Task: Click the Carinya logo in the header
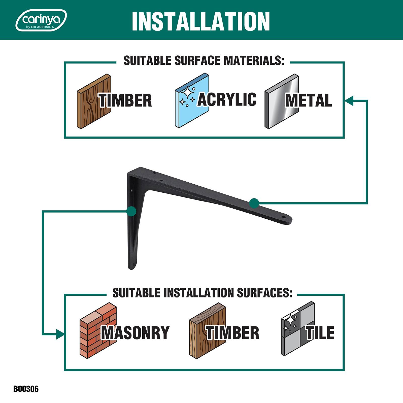click(x=41, y=20)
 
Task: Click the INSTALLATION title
click(x=201, y=21)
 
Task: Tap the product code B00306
click(x=26, y=389)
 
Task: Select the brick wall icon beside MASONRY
click(x=98, y=330)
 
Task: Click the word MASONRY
click(x=135, y=333)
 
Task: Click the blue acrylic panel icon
click(x=192, y=101)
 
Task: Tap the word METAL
click(x=309, y=100)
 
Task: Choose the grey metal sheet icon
click(x=282, y=102)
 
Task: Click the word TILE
click(x=320, y=333)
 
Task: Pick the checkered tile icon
click(x=298, y=329)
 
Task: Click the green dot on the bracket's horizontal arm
click(x=254, y=203)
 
